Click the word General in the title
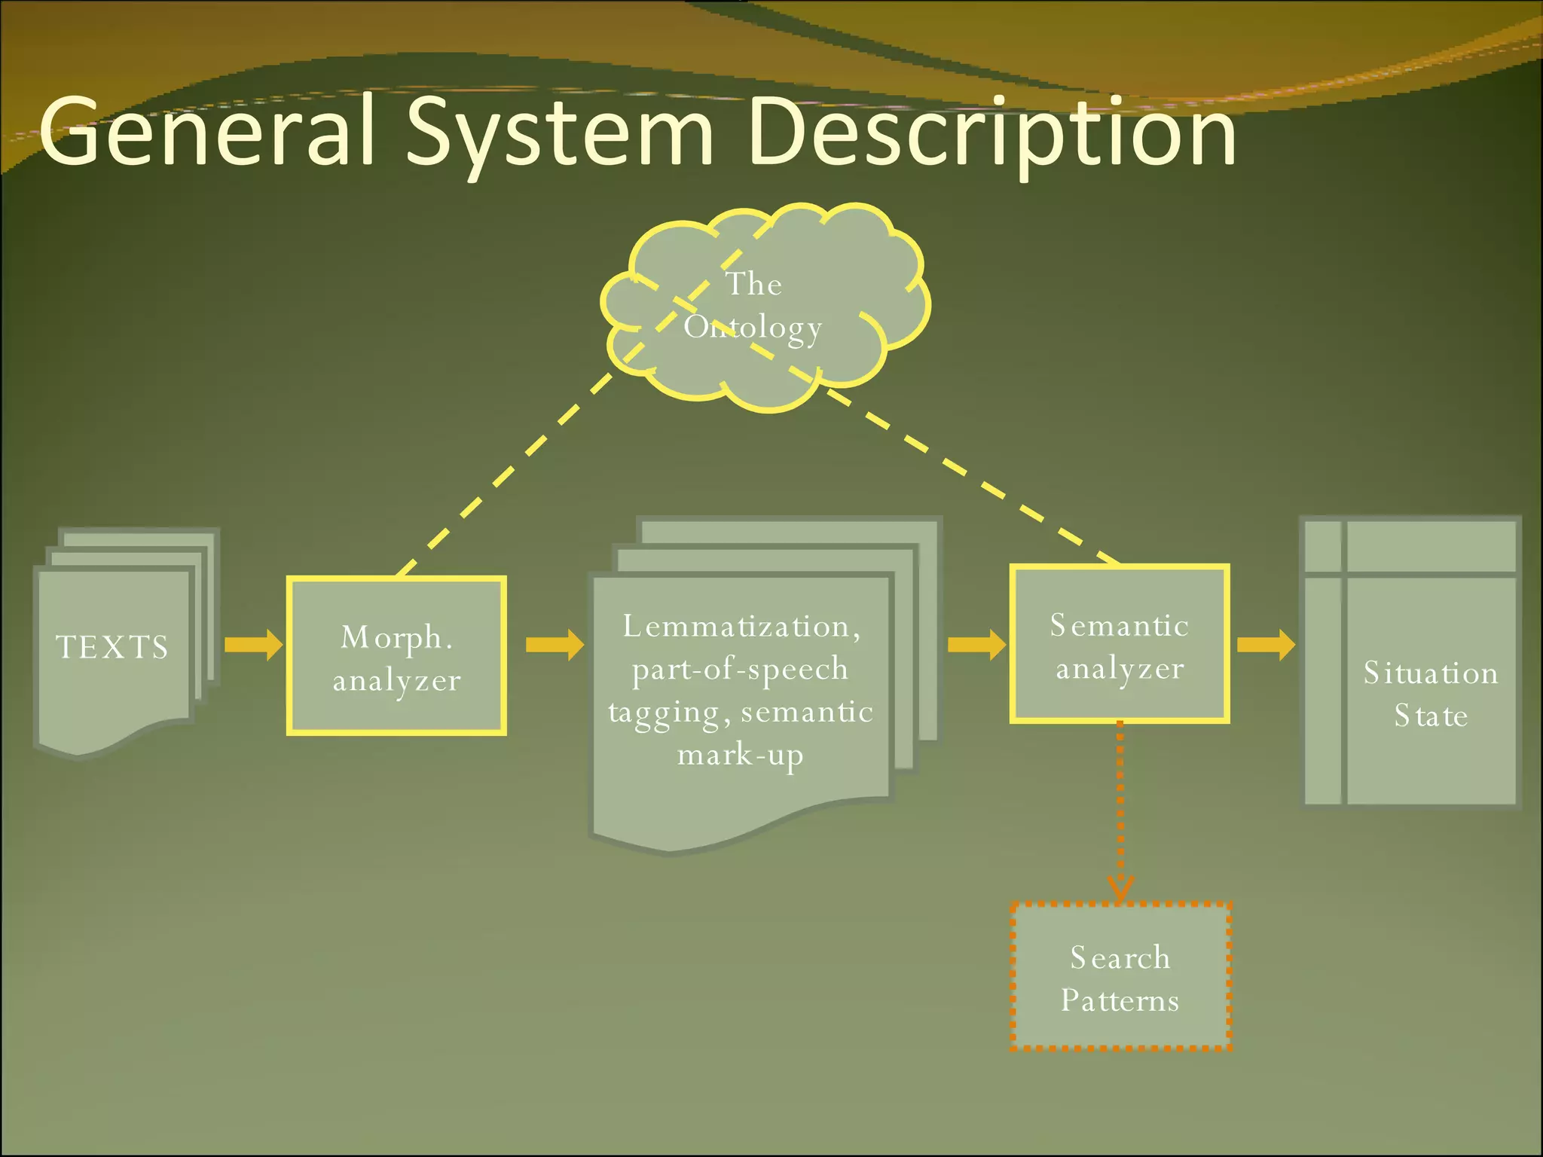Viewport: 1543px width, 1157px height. [x=207, y=132]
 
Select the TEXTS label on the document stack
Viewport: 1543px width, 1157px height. [x=113, y=648]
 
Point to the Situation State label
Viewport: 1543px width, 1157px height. [x=1431, y=694]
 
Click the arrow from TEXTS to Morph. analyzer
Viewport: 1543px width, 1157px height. [x=253, y=645]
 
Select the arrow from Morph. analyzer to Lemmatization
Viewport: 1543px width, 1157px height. [x=555, y=645]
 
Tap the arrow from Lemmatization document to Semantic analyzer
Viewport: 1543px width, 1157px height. [x=976, y=645]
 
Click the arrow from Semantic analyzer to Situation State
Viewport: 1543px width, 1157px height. [x=1266, y=645]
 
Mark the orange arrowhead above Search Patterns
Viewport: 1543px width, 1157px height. [x=1120, y=889]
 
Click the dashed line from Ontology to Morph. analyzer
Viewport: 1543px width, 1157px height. [x=505, y=475]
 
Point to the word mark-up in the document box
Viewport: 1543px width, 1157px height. [x=740, y=755]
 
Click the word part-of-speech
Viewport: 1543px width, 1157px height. [x=740, y=669]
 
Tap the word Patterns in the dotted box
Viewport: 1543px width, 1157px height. [x=1120, y=1000]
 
